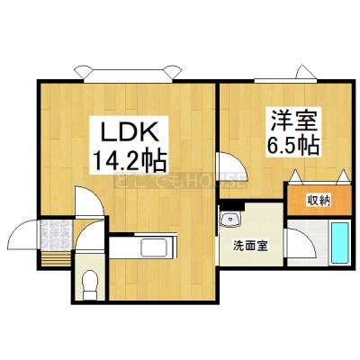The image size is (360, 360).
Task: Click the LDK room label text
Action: coord(130,132)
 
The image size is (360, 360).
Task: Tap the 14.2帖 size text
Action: coord(130,160)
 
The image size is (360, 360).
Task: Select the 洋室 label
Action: coord(293,121)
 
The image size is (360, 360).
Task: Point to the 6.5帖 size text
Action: coord(293,145)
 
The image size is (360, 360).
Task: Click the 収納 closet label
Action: coord(319,201)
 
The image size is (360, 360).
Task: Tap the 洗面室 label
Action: coord(250,247)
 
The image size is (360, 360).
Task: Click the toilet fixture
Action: coord(90,284)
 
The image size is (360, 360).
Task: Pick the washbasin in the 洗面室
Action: coord(229,219)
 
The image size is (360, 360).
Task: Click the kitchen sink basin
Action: coord(154,247)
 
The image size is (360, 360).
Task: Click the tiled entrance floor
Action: coord(57,235)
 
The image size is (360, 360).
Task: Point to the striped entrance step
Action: coord(56,258)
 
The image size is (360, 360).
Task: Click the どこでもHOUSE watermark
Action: coord(180,181)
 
